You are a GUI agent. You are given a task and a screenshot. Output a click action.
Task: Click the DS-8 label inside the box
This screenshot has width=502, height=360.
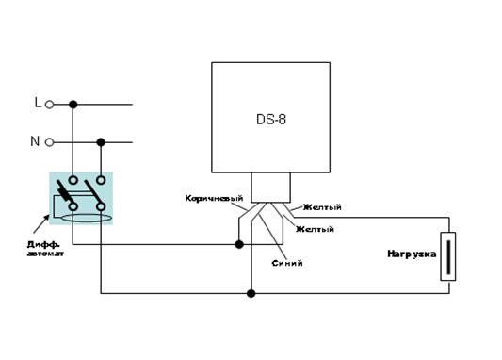pyautogui.click(x=271, y=119)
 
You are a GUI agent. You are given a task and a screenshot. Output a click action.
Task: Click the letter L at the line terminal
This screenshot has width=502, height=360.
pyautogui.click(x=38, y=103)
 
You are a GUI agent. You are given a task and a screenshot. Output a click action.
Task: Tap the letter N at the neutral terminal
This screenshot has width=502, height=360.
pyautogui.click(x=35, y=141)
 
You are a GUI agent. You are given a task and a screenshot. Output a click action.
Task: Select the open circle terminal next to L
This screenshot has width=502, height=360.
pyautogui.click(x=49, y=105)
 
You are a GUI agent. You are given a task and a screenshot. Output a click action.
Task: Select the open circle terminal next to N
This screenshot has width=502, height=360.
pyautogui.click(x=49, y=142)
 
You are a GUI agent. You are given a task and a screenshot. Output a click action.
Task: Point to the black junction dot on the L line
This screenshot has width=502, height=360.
pyautogui.click(x=73, y=105)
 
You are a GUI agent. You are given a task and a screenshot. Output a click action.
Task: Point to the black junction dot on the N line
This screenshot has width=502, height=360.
pyautogui.click(x=101, y=142)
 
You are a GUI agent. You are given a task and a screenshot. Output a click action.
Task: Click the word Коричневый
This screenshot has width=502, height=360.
pyautogui.click(x=214, y=198)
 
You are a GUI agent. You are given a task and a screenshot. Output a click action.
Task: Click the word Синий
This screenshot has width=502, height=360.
pyautogui.click(x=287, y=263)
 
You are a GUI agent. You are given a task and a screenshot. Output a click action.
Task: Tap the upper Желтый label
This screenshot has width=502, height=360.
pyautogui.click(x=322, y=207)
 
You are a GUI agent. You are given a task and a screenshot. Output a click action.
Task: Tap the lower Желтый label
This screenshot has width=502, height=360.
pyautogui.click(x=315, y=229)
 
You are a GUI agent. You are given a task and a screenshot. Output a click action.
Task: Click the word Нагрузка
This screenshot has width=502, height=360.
pyautogui.click(x=412, y=254)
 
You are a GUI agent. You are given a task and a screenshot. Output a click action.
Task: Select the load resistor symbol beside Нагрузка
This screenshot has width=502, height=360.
pyautogui.click(x=448, y=256)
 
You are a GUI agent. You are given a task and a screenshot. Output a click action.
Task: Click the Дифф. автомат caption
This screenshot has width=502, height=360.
pyautogui.click(x=45, y=249)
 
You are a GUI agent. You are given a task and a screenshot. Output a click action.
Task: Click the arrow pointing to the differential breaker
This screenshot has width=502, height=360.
pyautogui.click(x=41, y=224)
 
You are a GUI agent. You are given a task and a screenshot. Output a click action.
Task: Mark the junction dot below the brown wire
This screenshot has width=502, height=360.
pyautogui.click(x=239, y=245)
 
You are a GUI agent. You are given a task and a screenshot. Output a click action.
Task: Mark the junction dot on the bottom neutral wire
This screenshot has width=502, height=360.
pyautogui.click(x=251, y=293)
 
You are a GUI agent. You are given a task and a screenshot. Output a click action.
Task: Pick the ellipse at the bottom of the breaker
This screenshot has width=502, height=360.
pyautogui.click(x=86, y=219)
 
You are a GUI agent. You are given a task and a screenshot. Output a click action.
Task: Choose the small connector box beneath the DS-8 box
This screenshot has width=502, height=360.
pyautogui.click(x=271, y=188)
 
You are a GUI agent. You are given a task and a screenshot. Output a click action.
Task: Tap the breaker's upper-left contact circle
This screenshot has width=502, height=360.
pyautogui.click(x=73, y=180)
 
